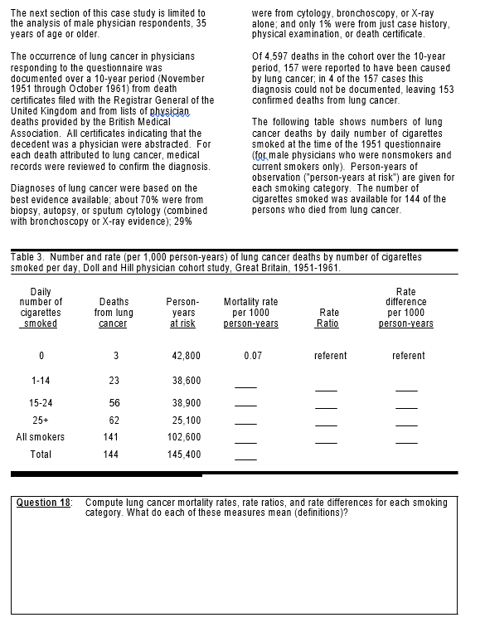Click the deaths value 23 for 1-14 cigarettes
click(114, 381)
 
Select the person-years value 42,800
click(186, 356)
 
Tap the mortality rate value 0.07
click(253, 356)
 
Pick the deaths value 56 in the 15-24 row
click(114, 402)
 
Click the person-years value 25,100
click(186, 421)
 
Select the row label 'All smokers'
click(41, 437)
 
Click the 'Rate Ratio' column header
click(328, 318)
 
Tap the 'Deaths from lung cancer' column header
click(114, 313)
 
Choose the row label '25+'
click(41, 421)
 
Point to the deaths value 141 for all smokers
click(111, 437)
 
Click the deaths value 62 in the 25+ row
click(114, 421)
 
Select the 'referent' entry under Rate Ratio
click(330, 356)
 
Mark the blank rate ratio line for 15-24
click(326, 407)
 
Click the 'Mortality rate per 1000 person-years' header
click(250, 313)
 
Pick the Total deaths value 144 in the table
click(111, 455)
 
